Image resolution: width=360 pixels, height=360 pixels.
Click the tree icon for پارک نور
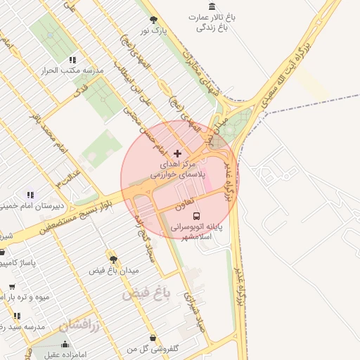(x=154, y=20)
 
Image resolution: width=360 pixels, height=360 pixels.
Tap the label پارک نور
(x=154, y=32)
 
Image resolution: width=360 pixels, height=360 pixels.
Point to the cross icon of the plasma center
(x=176, y=153)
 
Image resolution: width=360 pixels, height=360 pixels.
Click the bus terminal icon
(x=195, y=217)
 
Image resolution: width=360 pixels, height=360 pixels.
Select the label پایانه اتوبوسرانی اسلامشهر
(x=198, y=233)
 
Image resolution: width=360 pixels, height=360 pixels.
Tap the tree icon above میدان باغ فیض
(x=113, y=259)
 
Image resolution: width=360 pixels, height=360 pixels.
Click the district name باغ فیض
(x=145, y=293)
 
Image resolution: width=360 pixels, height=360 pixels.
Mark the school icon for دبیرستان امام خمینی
(x=30, y=195)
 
